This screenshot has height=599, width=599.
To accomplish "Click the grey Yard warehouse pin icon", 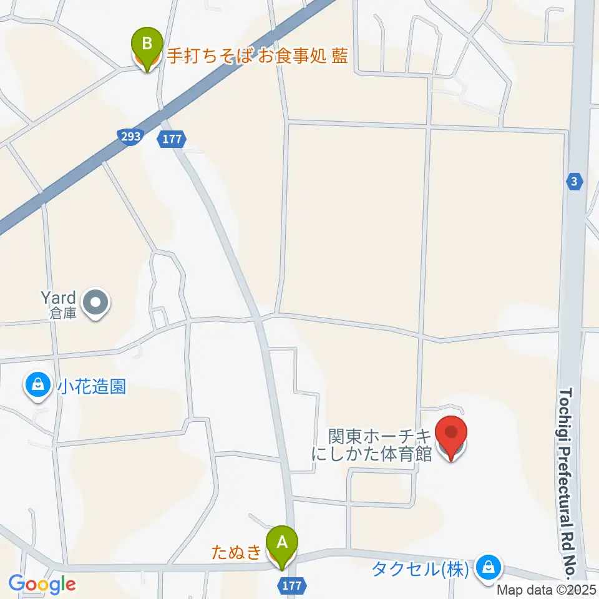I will tap(95, 304).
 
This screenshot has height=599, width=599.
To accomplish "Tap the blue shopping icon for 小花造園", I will tap(38, 384).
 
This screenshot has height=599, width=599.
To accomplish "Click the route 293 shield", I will tap(130, 135).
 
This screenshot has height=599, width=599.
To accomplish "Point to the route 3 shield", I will tap(574, 182).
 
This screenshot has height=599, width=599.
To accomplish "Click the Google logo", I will tap(42, 585).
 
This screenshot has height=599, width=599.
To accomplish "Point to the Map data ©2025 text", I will tap(547, 589).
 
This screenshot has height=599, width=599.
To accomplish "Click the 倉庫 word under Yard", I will tap(64, 313).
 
